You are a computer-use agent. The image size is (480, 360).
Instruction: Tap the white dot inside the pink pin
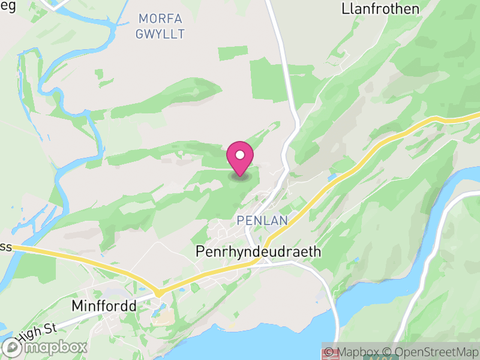click(x=240, y=155)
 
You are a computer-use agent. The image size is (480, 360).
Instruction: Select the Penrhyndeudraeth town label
click(x=259, y=252)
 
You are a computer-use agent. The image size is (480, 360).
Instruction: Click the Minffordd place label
click(x=104, y=305)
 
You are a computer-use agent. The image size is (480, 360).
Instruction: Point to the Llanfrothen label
click(x=381, y=9)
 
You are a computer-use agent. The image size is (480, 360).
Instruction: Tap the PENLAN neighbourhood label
click(x=262, y=221)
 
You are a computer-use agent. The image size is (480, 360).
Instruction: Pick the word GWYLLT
click(x=160, y=34)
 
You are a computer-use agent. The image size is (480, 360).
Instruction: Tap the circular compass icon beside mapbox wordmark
click(x=13, y=347)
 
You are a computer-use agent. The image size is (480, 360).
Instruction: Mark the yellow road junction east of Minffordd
click(x=158, y=292)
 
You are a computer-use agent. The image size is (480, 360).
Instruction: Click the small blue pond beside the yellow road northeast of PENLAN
click(x=332, y=178)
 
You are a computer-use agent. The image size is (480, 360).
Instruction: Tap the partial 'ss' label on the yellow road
click(x=5, y=246)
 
